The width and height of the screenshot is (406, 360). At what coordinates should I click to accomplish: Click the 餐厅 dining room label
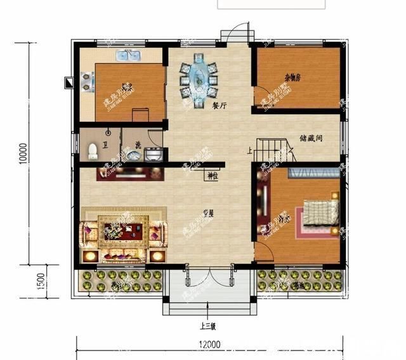(x=219, y=107)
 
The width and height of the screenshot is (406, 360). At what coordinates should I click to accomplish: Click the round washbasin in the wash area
(x=152, y=153)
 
